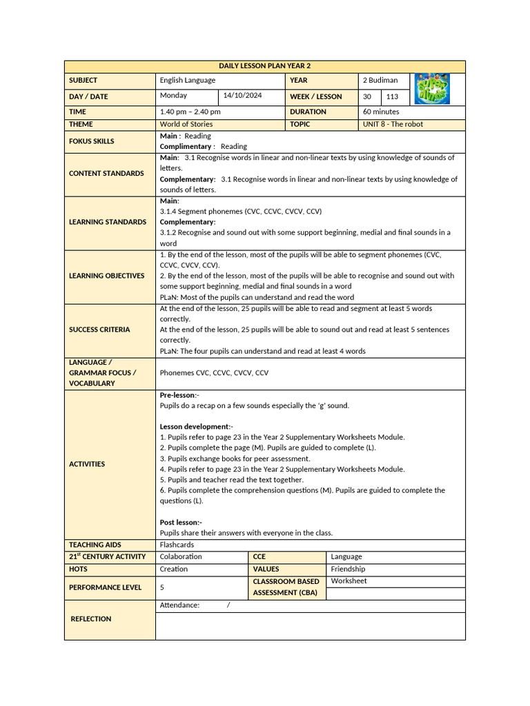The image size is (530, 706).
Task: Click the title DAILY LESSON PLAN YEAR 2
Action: tap(265, 66)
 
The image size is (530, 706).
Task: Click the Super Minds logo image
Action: tap(432, 90)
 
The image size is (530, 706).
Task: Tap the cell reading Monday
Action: tap(173, 96)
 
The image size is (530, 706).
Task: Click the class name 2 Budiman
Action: tap(380, 80)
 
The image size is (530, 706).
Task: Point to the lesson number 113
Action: tap(392, 97)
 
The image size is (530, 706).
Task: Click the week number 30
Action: tap(367, 97)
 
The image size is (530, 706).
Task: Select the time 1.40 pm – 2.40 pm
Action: tap(190, 111)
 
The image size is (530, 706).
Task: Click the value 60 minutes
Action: tap(381, 111)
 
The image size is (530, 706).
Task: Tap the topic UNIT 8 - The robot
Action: tap(393, 124)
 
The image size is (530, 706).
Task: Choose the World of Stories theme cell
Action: tap(186, 124)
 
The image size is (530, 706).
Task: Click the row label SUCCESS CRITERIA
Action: tap(99, 330)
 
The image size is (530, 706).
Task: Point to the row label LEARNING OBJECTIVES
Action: tap(107, 276)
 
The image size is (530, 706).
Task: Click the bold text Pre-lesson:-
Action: tap(179, 395)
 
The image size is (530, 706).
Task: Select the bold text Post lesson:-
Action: tap(181, 522)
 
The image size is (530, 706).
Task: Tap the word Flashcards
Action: tap(177, 545)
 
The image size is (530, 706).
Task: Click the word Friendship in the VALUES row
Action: tap(348, 569)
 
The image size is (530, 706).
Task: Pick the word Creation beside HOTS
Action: tap(173, 569)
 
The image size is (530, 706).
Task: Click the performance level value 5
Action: tap(162, 587)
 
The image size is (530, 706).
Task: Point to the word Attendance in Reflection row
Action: tap(179, 605)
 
